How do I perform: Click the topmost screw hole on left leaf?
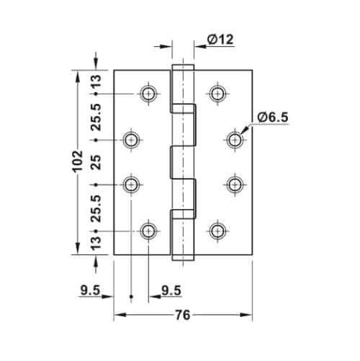pyautogui.click(x=148, y=93)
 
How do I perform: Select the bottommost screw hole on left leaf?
pyautogui.click(x=148, y=231)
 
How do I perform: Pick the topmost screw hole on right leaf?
pyautogui.click(x=217, y=93)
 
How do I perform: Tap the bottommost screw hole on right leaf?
pyautogui.click(x=217, y=231)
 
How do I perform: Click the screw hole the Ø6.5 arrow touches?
pyautogui.click(x=235, y=139)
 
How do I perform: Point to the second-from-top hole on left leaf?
pyautogui.click(x=131, y=139)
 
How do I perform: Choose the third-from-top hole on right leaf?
pyautogui.click(x=235, y=185)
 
